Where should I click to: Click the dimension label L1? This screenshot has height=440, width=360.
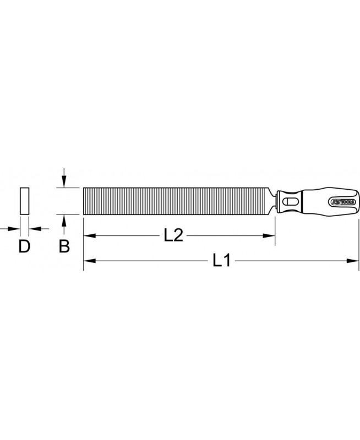222,260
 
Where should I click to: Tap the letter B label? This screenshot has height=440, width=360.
64,246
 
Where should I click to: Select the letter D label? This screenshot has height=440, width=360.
24,246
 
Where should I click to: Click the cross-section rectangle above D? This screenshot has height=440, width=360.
24,201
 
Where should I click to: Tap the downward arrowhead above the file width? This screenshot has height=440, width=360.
64,182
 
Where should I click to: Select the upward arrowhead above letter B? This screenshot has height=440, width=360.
64,221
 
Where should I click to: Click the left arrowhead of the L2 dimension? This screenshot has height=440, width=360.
89,235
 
